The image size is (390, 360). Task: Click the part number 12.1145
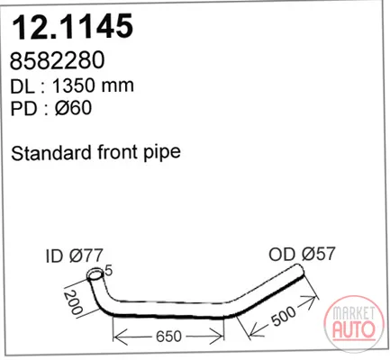click(x=72, y=26)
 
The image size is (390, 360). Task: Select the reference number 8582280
click(x=58, y=60)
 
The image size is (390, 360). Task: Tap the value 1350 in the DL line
click(x=74, y=85)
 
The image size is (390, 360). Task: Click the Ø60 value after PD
click(x=73, y=108)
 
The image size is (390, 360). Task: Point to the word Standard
click(x=52, y=152)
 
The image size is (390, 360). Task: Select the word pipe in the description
click(x=162, y=154)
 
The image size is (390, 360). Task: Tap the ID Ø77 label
click(x=75, y=256)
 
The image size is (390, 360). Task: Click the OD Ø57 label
click(x=302, y=254)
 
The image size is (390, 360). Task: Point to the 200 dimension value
click(x=73, y=302)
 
